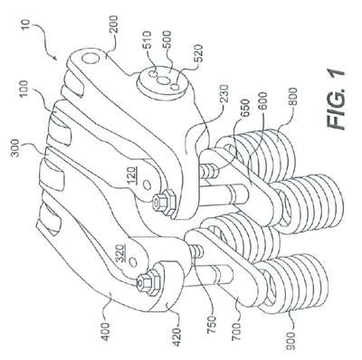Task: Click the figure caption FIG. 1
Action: (335, 99)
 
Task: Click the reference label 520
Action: (198, 53)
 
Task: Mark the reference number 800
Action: (291, 98)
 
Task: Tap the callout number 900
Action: (292, 341)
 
